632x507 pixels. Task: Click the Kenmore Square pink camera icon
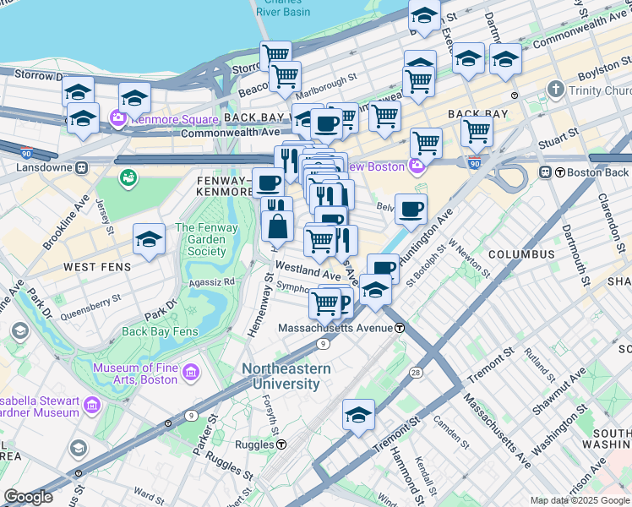[117, 120]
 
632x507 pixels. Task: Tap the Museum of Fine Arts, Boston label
[135, 373]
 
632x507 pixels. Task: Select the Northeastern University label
[281, 376]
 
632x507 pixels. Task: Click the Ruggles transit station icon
[281, 444]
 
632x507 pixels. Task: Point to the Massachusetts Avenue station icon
[399, 328]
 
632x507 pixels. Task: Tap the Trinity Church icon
[555, 89]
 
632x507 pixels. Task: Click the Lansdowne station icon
[82, 168]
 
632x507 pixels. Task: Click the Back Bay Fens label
[160, 331]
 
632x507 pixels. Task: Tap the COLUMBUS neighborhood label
[520, 253]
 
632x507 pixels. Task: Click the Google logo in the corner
[27, 496]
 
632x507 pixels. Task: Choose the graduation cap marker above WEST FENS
[149, 242]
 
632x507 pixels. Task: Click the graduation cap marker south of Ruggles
[358, 416]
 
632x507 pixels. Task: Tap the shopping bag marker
[277, 227]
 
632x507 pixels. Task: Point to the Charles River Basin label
[282, 8]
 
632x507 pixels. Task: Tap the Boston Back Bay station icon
[546, 172]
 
